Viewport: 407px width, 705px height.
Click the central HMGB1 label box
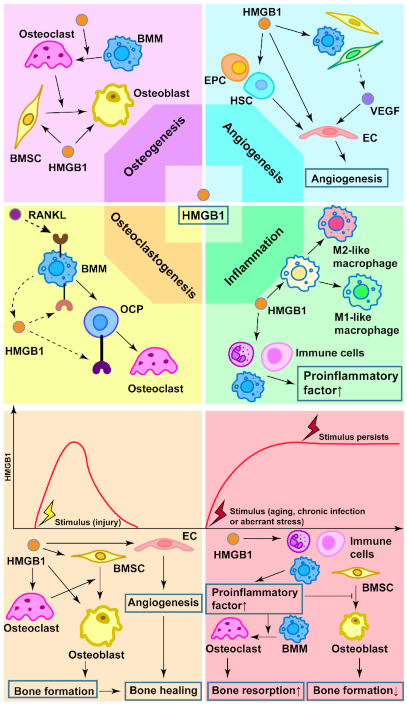coord(203,216)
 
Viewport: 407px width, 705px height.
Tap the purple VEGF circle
coord(367,99)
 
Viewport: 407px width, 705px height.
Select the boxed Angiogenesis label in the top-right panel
coord(346,178)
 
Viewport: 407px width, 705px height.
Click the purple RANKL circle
coord(15,214)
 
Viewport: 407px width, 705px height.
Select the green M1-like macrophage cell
coord(361,292)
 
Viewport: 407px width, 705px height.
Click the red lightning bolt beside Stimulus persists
coord(312,427)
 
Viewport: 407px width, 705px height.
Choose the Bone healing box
coord(163,690)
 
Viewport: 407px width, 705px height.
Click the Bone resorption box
coord(256,690)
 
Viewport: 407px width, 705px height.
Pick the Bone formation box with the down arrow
coord(355,690)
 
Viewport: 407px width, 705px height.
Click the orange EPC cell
coord(235,67)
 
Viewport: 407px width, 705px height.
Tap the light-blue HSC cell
coord(259,86)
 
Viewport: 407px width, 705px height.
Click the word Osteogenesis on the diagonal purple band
coord(154,146)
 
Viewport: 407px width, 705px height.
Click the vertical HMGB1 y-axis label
coord(8,466)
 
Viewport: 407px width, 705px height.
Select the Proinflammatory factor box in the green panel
coord(350,383)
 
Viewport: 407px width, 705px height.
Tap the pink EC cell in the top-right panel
coord(329,132)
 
